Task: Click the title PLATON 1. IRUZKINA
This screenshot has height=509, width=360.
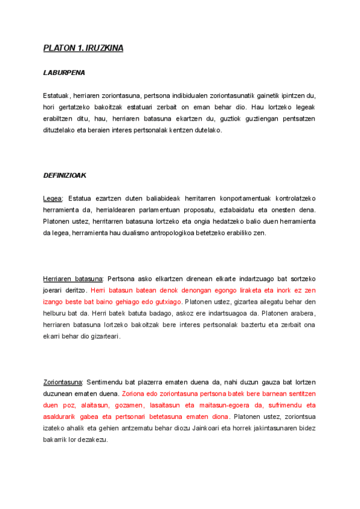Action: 83,48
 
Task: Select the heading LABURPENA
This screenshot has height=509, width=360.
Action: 64,73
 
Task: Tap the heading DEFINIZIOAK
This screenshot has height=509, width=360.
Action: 65,175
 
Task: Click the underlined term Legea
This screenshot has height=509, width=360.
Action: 53,198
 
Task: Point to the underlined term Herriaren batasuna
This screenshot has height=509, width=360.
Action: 73,279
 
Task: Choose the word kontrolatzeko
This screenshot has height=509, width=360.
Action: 295,198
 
